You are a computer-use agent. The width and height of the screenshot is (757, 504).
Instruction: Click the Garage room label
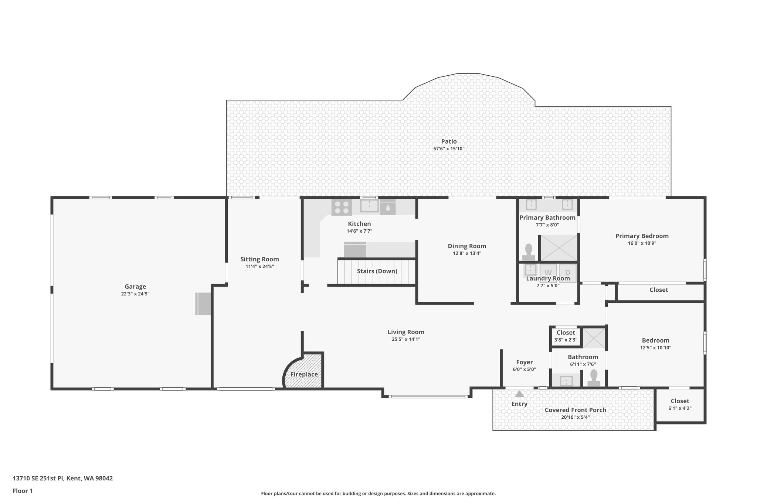tap(135, 287)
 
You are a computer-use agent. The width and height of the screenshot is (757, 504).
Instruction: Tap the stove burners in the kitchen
tap(341, 207)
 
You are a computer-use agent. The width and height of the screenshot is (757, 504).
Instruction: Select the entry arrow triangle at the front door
tap(519, 394)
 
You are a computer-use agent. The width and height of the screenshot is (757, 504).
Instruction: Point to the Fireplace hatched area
tap(304, 374)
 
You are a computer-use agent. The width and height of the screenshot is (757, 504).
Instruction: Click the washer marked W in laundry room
tap(548, 273)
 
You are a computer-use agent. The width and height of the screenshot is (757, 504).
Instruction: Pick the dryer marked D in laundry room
tap(568, 273)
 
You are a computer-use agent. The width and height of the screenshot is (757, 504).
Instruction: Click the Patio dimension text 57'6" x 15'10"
tap(449, 149)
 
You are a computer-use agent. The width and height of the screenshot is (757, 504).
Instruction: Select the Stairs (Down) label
tap(377, 271)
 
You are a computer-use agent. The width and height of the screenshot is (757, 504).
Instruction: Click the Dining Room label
tap(467, 246)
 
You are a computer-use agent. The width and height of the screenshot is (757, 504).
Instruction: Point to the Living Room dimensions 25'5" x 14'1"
tap(406, 339)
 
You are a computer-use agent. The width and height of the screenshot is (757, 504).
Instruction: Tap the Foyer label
tap(524, 362)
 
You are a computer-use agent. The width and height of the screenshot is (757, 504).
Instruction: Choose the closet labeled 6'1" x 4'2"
tap(680, 404)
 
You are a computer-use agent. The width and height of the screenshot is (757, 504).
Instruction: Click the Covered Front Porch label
tap(575, 410)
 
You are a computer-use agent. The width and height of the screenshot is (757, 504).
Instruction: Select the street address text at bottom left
tap(63, 478)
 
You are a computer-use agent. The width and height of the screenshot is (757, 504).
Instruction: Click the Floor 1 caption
tap(23, 491)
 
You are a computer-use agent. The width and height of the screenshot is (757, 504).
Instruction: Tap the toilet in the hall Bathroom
tap(594, 378)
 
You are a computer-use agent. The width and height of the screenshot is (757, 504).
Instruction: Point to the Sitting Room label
tap(259, 259)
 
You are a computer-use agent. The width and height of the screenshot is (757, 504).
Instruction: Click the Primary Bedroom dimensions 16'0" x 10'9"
tap(642, 243)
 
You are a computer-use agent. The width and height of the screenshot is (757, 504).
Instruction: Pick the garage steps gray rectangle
tap(203, 304)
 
